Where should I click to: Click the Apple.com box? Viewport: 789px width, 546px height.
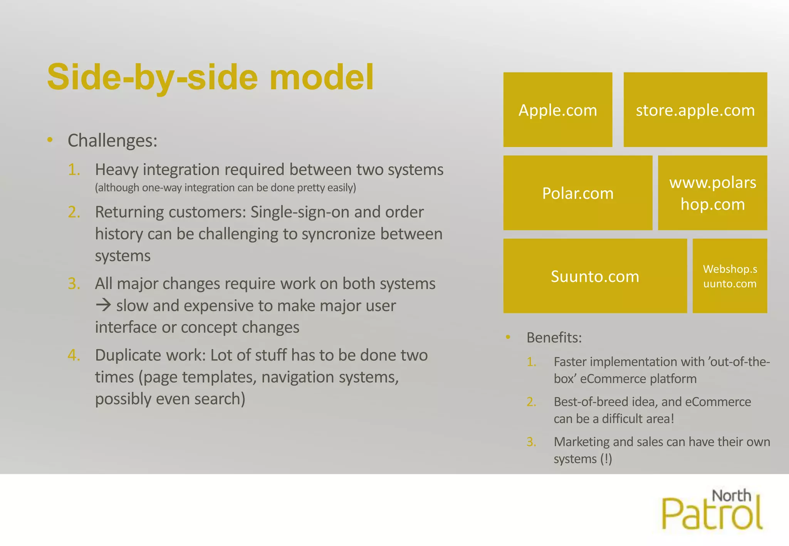pyautogui.click(x=557, y=110)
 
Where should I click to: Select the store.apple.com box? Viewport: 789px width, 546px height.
pyautogui.click(x=695, y=110)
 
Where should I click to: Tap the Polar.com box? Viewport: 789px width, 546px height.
pyautogui.click(x=577, y=193)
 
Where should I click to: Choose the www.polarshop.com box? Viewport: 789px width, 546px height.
pyautogui.click(x=712, y=193)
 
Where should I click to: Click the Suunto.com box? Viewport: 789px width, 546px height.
pyautogui.click(x=595, y=276)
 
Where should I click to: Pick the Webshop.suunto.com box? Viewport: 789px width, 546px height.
pyautogui.click(x=730, y=276)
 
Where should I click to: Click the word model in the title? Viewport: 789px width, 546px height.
pyautogui.click(x=321, y=77)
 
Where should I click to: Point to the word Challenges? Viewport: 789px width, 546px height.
pyautogui.click(x=112, y=141)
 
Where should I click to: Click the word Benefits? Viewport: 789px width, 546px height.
pyautogui.click(x=554, y=338)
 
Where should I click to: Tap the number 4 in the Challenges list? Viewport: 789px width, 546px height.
pyautogui.click(x=73, y=355)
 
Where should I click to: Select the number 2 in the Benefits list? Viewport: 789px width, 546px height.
pyautogui.click(x=531, y=402)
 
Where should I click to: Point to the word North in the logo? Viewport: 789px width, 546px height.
pyautogui.click(x=731, y=496)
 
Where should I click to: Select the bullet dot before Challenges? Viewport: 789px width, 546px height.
pyautogui.click(x=50, y=140)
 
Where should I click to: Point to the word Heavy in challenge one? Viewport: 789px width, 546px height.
pyautogui.click(x=116, y=170)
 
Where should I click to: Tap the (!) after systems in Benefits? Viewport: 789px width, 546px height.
pyautogui.click(x=606, y=459)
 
